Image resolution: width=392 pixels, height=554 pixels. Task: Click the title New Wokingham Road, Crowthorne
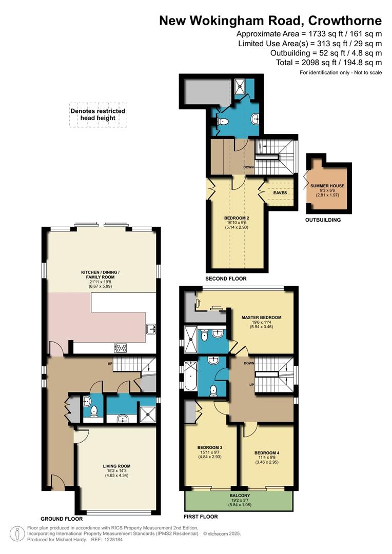coord(270,21)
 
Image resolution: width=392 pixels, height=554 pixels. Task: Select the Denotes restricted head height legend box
coord(97,114)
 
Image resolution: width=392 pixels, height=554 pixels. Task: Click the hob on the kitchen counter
coord(122,348)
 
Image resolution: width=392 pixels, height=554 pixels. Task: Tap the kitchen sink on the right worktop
coord(151,329)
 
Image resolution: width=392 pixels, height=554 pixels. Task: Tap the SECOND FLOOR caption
coord(226,279)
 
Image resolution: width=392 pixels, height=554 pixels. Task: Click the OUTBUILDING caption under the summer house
coord(323,220)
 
